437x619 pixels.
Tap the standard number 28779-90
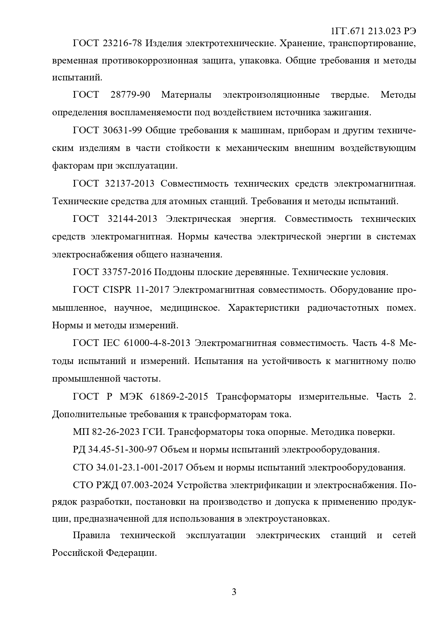click(130, 95)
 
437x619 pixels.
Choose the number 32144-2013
click(132, 219)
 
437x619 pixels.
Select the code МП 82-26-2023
click(106, 432)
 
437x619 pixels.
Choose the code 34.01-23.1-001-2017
click(139, 468)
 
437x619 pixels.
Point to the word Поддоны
click(172, 272)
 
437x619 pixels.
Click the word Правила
click(91, 535)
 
